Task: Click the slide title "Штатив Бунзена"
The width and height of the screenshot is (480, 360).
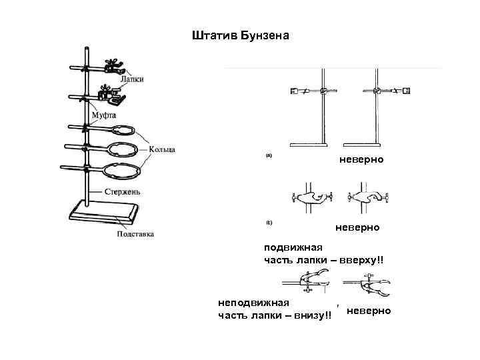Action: pos(240,35)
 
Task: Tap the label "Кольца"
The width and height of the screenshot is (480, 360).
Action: pos(162,149)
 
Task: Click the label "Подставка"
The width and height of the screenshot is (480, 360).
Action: pos(135,234)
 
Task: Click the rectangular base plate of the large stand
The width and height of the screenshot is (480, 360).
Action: pos(104,215)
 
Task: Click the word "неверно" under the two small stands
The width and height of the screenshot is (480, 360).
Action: pos(361,160)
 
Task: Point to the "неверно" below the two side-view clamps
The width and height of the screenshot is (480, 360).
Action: pos(357,227)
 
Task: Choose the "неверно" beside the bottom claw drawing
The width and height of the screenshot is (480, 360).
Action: pos(369,311)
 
